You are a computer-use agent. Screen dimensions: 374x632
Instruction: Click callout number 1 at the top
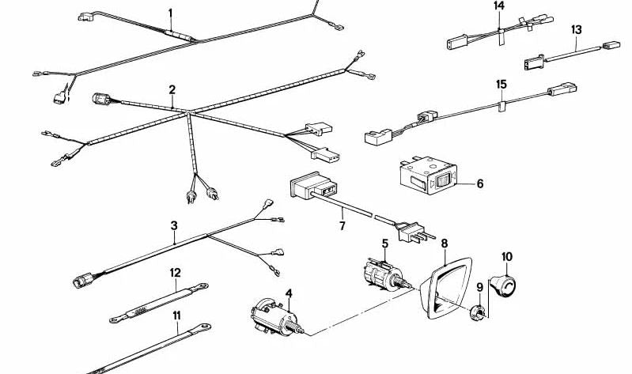tap(169, 13)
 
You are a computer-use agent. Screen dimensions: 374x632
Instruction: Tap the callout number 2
tap(172, 90)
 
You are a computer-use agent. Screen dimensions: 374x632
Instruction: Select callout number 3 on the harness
tap(174, 226)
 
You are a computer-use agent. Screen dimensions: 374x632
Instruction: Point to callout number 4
tap(289, 294)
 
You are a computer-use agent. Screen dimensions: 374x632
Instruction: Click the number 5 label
tap(384, 244)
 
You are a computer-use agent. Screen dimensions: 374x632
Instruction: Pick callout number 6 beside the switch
tap(479, 184)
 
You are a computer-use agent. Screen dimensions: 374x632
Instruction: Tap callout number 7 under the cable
tap(342, 226)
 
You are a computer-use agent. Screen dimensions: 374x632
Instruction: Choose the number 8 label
tap(444, 244)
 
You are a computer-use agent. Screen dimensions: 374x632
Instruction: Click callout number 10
tap(506, 256)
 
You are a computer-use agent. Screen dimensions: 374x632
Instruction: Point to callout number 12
tap(176, 273)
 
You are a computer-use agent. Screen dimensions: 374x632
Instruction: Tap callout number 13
tap(576, 29)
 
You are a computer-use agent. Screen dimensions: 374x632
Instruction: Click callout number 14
tap(498, 6)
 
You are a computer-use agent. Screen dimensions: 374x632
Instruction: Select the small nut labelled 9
tap(478, 312)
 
